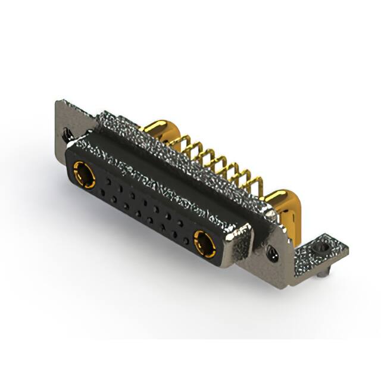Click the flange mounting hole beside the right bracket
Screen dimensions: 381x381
click(273, 253)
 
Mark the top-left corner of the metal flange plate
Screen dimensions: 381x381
click(58, 101)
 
